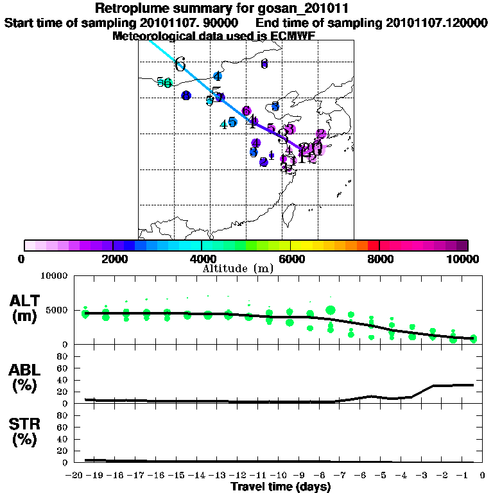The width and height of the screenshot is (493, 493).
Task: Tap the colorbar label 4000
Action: pyautogui.click(x=202, y=259)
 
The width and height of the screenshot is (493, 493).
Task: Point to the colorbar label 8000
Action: pyautogui.click(x=379, y=259)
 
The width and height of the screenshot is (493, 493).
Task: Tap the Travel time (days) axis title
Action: pyautogui.click(x=281, y=487)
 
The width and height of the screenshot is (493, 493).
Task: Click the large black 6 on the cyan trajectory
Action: pyautogui.click(x=180, y=65)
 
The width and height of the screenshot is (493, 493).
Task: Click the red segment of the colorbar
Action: pyautogui.click(x=374, y=245)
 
